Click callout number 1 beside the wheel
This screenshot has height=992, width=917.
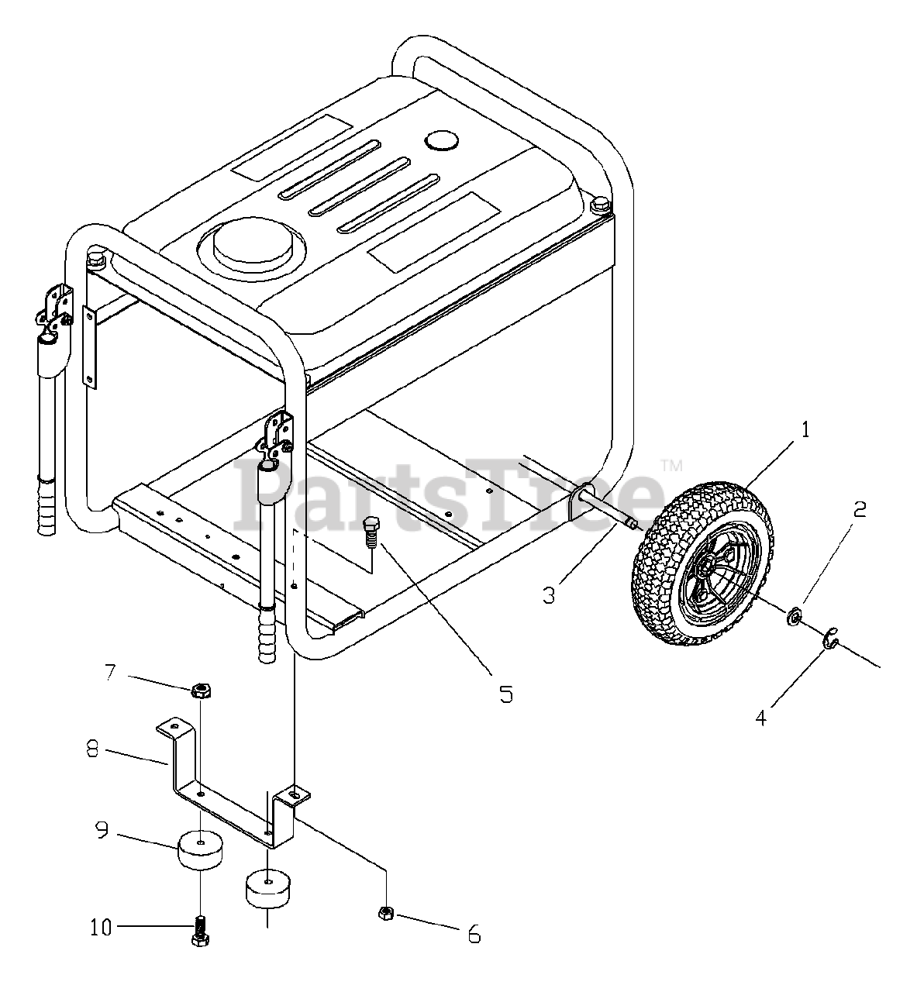[x=805, y=429]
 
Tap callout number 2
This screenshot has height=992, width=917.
[x=859, y=509]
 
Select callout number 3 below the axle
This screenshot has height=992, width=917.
[x=549, y=595]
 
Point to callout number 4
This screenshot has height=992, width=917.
[x=761, y=718]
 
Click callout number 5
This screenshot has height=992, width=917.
[x=505, y=694]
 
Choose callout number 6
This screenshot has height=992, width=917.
[x=474, y=935]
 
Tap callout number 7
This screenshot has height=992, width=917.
[x=111, y=671]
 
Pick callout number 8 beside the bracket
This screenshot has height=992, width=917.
[x=93, y=751]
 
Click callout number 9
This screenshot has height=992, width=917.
[x=102, y=831]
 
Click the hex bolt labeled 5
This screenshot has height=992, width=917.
[x=371, y=532]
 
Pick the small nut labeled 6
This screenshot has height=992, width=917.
[x=386, y=914]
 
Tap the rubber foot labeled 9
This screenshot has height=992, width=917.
[x=201, y=849]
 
